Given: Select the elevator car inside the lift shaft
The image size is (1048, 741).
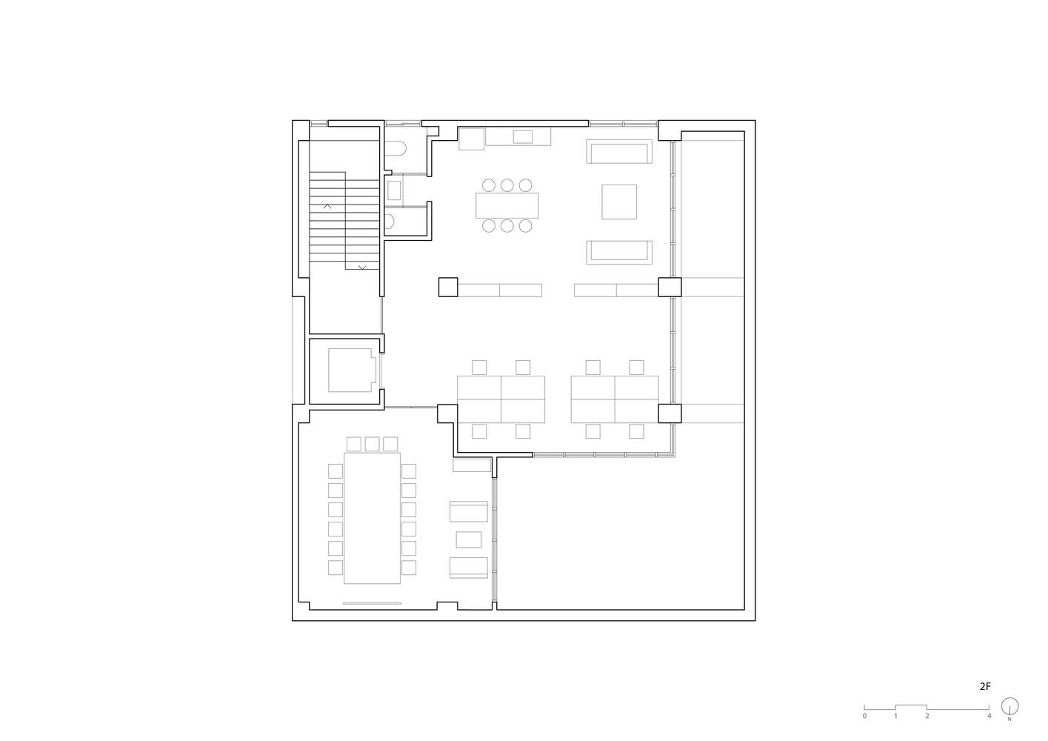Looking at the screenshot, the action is coord(353,370).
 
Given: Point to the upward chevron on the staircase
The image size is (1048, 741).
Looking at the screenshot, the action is coord(327,207).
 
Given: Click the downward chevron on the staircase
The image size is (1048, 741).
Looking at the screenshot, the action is coord(362,268).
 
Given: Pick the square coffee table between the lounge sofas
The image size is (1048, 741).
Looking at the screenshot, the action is coord(619,202).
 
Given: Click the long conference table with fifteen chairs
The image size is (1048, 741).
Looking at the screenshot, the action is coord(372,518).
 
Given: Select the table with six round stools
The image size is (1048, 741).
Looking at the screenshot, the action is coord(507,205).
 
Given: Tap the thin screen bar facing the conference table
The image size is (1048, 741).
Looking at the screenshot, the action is coord(372,603).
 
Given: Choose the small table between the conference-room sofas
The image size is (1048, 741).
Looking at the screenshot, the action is coord(469,539).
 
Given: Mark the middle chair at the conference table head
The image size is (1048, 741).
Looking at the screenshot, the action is coord(372,444).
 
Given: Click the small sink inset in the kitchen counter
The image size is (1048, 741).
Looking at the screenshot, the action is coord(523,136).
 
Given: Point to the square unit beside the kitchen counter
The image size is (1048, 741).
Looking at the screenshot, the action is coord(471,139).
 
